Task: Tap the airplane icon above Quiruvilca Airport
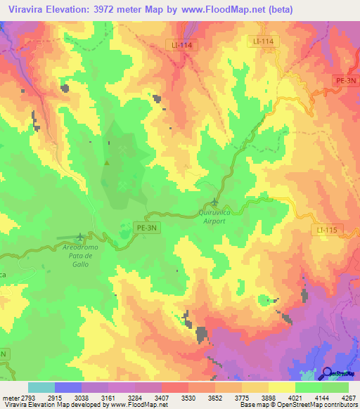click(214, 203)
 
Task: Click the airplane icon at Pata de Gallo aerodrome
click(80, 237)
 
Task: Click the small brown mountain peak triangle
click(107, 163)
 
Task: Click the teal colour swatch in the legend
click(41, 387)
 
